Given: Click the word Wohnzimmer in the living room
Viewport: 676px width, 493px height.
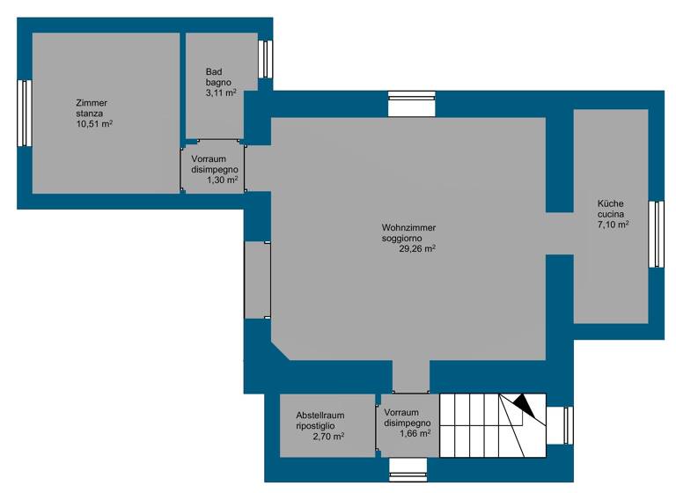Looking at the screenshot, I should click(x=408, y=228).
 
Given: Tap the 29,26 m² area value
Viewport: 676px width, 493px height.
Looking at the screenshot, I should click(x=418, y=249).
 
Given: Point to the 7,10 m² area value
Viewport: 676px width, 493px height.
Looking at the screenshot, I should click(x=613, y=224).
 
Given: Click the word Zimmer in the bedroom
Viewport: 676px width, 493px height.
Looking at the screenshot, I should click(x=92, y=103).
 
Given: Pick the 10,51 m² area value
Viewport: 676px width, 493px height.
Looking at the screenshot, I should click(x=94, y=124).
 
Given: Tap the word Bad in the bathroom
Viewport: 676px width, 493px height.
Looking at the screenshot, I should click(x=214, y=71).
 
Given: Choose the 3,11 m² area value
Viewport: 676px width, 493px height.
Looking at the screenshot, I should click(x=220, y=92).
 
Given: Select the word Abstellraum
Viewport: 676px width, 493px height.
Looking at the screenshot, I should click(x=320, y=415).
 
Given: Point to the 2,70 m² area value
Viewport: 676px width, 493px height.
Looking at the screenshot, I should click(x=327, y=436).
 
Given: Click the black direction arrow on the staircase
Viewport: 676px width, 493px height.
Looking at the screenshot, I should click(x=524, y=406).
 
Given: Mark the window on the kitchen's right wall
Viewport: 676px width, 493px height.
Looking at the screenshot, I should click(x=656, y=234).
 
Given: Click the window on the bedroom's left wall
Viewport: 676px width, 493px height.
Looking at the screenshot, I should click(x=25, y=114).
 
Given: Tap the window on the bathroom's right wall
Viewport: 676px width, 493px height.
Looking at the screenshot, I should click(x=264, y=59).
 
